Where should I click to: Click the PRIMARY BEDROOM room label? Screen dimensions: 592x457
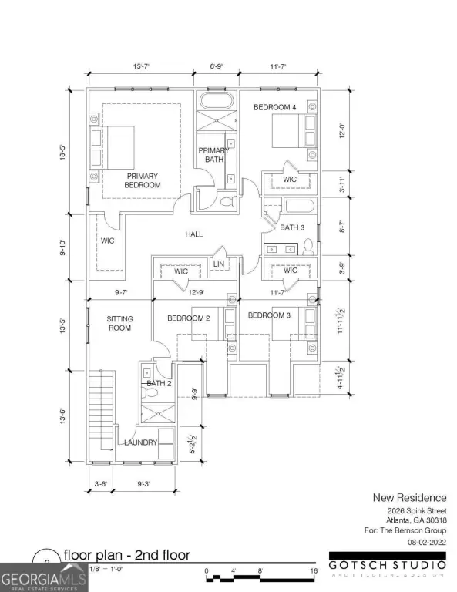(x=143, y=180)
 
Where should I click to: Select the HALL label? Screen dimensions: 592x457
(x=193, y=234)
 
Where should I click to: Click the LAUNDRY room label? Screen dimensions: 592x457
(x=141, y=442)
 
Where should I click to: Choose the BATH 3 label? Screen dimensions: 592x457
(x=292, y=227)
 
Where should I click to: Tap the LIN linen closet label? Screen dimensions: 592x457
(x=218, y=264)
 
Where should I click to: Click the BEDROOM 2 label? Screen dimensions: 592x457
(x=189, y=318)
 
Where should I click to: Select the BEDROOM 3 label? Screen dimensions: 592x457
(x=268, y=314)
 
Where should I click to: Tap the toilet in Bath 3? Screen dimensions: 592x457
(x=308, y=247)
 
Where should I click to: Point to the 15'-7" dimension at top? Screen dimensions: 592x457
(x=139, y=68)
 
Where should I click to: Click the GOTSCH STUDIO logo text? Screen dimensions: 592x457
(x=388, y=563)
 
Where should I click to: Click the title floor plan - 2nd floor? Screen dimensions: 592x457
(x=126, y=555)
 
